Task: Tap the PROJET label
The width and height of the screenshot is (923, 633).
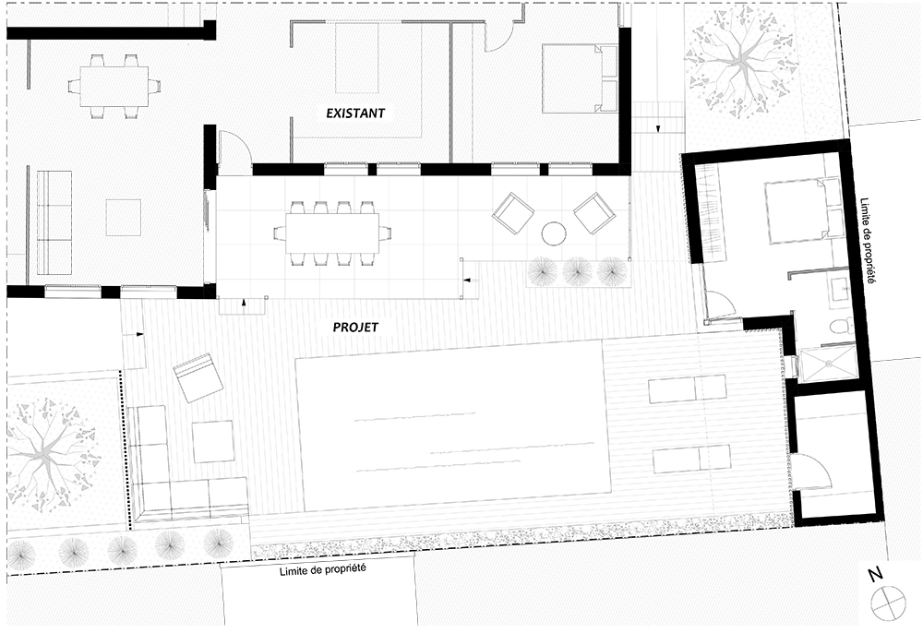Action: click(x=356, y=327)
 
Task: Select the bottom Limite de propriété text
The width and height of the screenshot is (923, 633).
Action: click(x=322, y=570)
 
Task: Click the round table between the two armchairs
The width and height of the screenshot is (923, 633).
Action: click(x=553, y=234)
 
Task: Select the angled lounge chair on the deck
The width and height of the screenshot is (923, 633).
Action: click(x=198, y=378)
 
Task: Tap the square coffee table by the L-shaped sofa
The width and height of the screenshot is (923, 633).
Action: click(x=213, y=441)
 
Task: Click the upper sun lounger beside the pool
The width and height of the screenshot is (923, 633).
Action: click(x=687, y=390)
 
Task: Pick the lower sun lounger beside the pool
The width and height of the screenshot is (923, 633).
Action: click(x=690, y=458)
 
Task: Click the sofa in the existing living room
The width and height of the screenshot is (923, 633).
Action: click(x=54, y=221)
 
